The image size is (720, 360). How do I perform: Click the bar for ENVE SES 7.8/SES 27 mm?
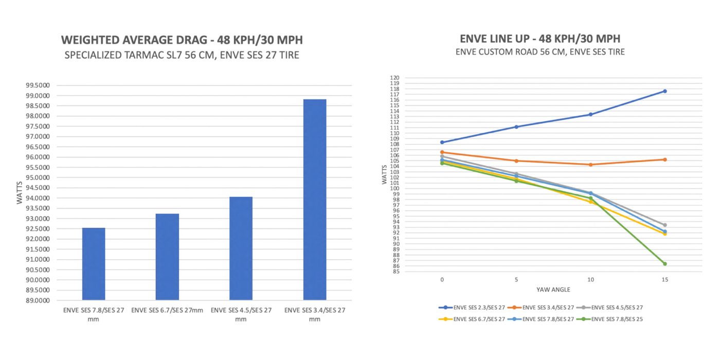[x=94, y=264]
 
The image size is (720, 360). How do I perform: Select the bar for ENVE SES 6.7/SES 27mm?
[x=167, y=257]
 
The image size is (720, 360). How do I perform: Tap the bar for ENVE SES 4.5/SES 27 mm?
[x=241, y=248]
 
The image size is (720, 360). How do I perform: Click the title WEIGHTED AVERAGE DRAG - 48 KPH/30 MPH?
[x=182, y=40]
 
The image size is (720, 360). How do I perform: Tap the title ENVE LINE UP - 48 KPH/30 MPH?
[x=540, y=39]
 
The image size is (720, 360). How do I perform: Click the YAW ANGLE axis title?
[x=553, y=290]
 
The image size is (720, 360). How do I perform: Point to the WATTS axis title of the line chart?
[x=385, y=174]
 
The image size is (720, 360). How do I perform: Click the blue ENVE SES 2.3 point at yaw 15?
[x=664, y=91]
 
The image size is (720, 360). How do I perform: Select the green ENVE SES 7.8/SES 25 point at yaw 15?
[x=664, y=264]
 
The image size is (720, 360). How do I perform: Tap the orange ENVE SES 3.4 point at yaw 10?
[x=590, y=165]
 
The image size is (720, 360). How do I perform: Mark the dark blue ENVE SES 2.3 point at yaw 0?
[x=442, y=142]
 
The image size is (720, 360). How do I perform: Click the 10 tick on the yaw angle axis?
[x=590, y=279]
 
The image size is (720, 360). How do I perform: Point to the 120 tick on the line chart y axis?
[x=395, y=78]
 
